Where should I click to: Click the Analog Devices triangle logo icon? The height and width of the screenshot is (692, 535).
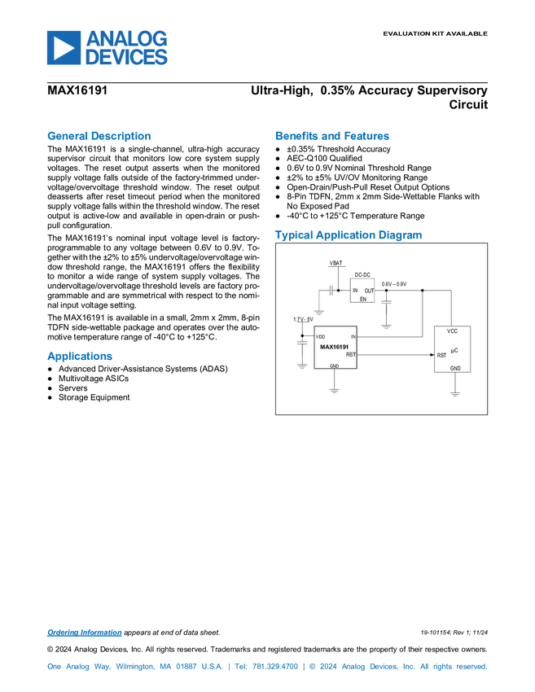pos(64,48)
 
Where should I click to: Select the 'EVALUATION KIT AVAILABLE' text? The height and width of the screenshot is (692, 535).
pos(435,33)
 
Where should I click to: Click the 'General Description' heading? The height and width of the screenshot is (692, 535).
pos(99,136)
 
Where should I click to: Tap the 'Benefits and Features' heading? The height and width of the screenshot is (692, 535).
pos(332,136)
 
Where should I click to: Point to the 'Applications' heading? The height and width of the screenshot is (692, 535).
pos(80,356)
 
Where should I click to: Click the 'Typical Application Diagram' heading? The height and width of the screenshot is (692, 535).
pos(349,234)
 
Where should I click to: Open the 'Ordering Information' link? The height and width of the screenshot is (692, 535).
pos(85,633)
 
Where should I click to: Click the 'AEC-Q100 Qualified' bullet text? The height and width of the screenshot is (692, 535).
pos(324,159)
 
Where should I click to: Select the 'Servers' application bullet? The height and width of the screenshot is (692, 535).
pos(72,388)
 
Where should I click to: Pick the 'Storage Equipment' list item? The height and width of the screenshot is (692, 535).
pos(94,397)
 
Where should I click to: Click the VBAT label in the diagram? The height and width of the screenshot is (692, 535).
pos(336,263)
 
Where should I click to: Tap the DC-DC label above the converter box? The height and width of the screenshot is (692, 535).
pos(362,275)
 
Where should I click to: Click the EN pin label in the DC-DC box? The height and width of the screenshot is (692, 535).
pos(363,300)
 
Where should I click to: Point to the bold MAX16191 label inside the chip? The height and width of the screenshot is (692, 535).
pos(334,347)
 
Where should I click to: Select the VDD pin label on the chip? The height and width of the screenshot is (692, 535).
pos(321,337)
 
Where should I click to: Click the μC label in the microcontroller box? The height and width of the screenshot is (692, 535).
pos(454,351)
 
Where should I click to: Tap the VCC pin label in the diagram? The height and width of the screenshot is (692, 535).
pos(453,331)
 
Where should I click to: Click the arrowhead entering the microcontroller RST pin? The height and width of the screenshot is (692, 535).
pos(432,354)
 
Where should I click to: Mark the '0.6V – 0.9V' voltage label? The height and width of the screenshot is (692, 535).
pos(394,284)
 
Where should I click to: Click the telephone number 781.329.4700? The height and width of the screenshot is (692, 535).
pos(275,667)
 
